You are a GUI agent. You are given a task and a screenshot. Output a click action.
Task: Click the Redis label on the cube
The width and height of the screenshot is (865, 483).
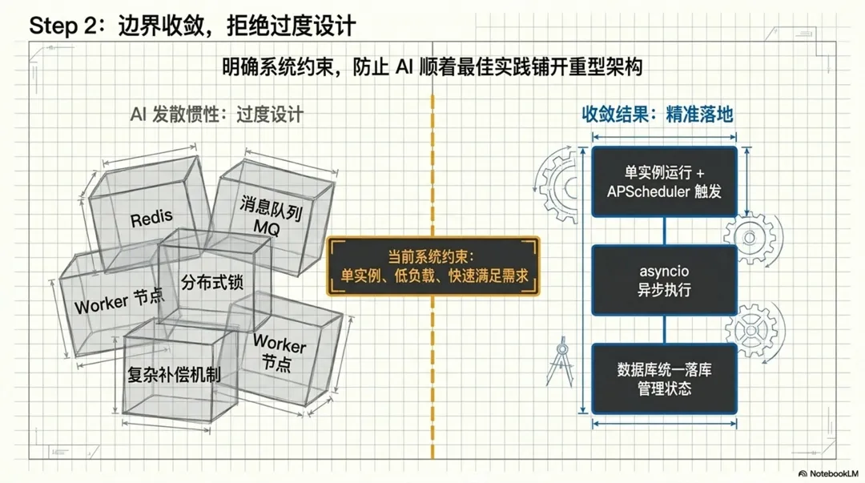(151, 218)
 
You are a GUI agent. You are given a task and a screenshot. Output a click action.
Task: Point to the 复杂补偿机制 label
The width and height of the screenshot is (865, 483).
(174, 373)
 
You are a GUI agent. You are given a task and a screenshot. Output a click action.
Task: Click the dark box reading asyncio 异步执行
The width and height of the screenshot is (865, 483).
(664, 280)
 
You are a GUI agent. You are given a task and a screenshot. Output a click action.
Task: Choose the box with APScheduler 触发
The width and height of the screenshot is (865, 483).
(664, 182)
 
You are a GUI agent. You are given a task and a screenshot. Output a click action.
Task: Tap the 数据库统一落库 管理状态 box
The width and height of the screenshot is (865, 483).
(664, 379)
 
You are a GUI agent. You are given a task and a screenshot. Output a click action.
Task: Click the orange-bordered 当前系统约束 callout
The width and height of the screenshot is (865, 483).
(432, 267)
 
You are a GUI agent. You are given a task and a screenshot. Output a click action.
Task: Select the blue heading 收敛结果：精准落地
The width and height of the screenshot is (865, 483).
(657, 115)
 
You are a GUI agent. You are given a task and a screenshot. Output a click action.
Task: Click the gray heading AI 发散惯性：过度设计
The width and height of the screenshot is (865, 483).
(217, 115)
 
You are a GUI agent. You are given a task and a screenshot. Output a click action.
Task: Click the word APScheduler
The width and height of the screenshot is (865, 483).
(642, 191)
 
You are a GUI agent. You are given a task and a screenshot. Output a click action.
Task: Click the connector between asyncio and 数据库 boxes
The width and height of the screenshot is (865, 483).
(664, 329)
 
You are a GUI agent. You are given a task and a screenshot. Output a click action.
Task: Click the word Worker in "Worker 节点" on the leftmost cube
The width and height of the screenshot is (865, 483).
(101, 304)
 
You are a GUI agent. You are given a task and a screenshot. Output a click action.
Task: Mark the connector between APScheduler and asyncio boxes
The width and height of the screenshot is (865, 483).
(664, 231)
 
